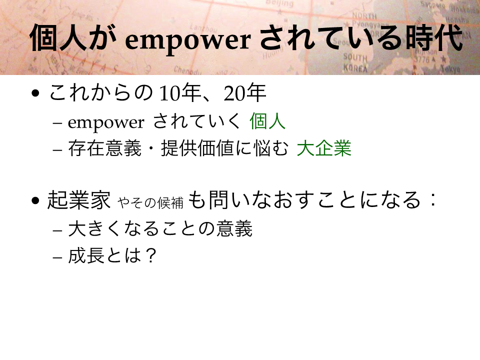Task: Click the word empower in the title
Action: [x=188, y=40]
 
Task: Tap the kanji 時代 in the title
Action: [x=434, y=38]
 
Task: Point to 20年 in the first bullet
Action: [x=245, y=93]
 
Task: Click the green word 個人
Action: [x=267, y=121]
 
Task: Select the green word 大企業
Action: [x=324, y=148]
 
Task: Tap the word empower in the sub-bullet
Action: [x=106, y=123]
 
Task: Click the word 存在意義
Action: [x=104, y=148]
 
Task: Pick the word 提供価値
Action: [x=197, y=148]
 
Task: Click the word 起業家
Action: [x=78, y=200]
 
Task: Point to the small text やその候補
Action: [x=150, y=202]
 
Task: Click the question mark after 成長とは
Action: [x=150, y=255]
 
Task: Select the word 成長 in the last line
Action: [x=86, y=255]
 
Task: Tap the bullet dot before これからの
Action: [x=35, y=93]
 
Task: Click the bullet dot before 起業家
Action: [x=35, y=200]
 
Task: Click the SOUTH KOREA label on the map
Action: [x=355, y=62]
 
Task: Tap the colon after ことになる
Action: [x=432, y=200]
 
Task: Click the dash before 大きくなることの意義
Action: [x=57, y=230]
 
